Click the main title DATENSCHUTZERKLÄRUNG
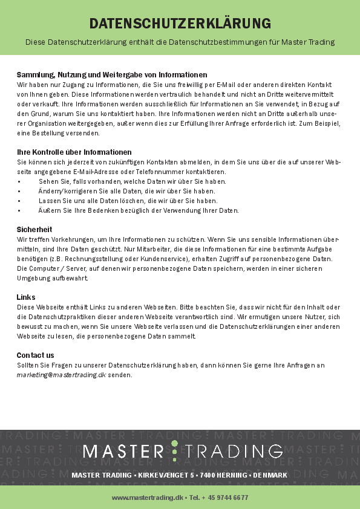pyautogui.click(x=180, y=24)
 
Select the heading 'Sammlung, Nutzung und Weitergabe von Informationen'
pyautogui.click(x=112, y=75)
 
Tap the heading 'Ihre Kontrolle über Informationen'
pyautogui.click(x=74, y=152)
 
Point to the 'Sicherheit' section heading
pyautogui.click(x=34, y=230)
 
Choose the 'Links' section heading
pyautogui.click(x=26, y=297)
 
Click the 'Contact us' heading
pyautogui.click(x=35, y=355)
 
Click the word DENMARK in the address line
pyautogui.click(x=270, y=476)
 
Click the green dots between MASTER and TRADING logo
pyautogui.click(x=175, y=451)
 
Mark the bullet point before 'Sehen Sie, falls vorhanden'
pyautogui.click(x=19, y=181)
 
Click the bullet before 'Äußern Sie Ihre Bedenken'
pyautogui.click(x=19, y=210)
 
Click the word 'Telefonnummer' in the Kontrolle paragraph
pyautogui.click(x=182, y=172)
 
